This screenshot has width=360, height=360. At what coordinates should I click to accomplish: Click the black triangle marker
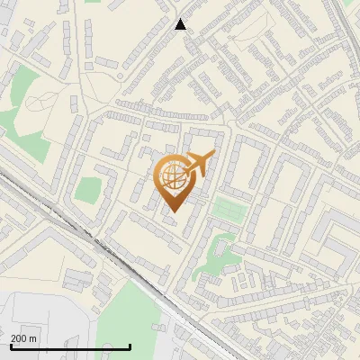(x=180, y=24)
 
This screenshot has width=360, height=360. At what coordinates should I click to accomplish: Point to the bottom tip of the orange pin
(x=171, y=211)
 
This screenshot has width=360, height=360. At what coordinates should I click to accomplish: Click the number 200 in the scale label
(x=18, y=338)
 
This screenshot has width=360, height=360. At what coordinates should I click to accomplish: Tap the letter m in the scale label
(x=32, y=338)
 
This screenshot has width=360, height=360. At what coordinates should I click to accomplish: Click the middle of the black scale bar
(x=70, y=346)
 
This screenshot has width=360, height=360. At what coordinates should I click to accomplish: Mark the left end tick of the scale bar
(x=10, y=346)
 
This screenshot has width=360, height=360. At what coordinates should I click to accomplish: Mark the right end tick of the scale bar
(x=130, y=346)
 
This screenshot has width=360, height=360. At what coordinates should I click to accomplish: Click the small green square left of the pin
(x=87, y=190)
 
